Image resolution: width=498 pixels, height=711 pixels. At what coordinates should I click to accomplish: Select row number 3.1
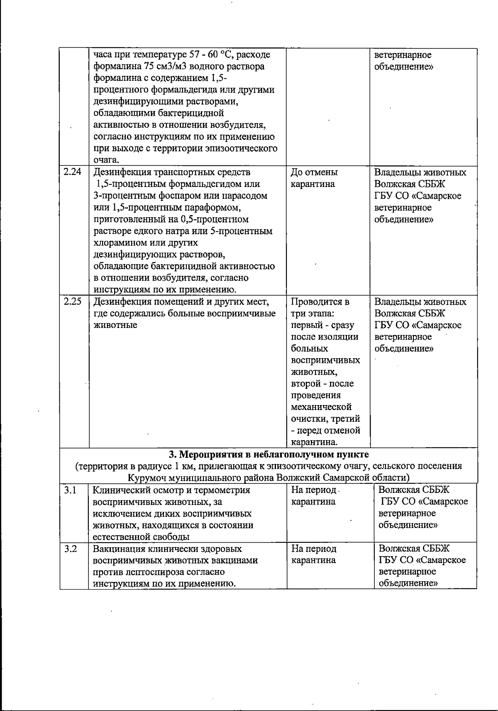click(71, 490)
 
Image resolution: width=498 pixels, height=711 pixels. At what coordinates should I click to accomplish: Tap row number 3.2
click(71, 549)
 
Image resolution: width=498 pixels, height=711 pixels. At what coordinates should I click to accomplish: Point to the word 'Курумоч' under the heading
click(146, 478)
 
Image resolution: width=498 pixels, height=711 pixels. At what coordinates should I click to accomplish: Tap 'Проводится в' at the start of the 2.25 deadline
click(320, 302)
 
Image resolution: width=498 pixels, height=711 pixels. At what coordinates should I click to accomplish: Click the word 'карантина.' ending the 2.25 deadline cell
click(315, 442)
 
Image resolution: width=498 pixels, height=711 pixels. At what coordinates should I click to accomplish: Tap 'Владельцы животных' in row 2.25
click(420, 302)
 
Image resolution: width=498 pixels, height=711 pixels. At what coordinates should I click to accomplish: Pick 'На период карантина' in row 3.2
click(314, 555)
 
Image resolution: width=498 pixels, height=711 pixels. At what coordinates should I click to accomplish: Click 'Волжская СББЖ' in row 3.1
click(414, 490)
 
